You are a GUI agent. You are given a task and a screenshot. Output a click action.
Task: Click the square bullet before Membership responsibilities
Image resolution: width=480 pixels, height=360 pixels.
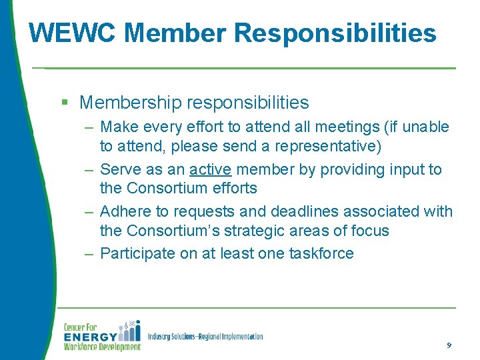click(x=65, y=103)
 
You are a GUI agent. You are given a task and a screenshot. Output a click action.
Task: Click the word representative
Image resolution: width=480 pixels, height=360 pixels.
click(x=326, y=145)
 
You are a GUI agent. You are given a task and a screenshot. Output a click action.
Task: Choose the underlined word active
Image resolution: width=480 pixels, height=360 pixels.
click(x=210, y=169)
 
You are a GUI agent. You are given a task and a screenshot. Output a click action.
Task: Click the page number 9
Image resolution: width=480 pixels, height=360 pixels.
click(x=449, y=345)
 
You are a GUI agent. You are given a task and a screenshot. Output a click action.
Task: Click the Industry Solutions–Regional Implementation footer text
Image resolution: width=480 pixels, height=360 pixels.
click(x=205, y=337)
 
